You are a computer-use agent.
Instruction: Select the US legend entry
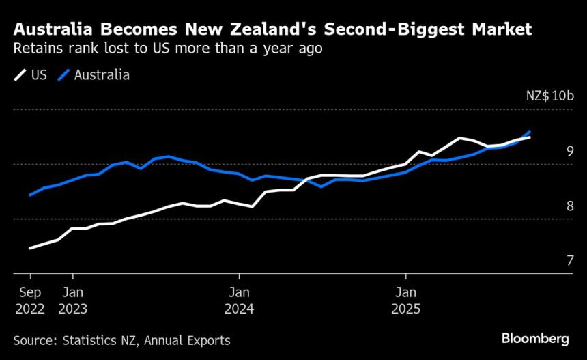click(31, 75)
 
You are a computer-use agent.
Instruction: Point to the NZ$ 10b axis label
click(550, 96)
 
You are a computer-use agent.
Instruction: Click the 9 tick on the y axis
click(569, 151)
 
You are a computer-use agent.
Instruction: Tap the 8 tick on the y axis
click(569, 206)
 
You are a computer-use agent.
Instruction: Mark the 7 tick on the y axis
click(569, 260)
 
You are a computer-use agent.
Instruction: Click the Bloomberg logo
click(535, 339)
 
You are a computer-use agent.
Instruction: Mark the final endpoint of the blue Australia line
click(530, 132)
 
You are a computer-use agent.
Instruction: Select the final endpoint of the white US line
click(530, 137)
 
